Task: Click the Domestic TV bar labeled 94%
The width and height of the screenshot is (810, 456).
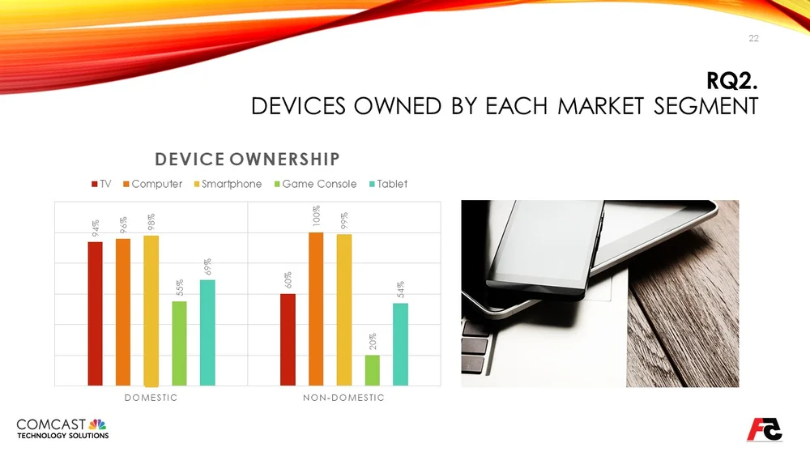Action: coord(96,313)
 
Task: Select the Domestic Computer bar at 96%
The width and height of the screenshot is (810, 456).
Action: coord(123,312)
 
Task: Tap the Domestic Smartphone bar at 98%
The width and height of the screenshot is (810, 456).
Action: coord(151,310)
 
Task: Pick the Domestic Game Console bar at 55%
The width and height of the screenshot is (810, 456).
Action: coord(179,343)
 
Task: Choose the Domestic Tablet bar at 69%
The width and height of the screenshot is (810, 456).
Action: coord(207,332)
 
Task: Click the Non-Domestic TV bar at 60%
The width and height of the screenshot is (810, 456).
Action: coord(288,339)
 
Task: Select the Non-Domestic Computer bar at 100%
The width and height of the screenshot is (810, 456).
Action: coord(316,309)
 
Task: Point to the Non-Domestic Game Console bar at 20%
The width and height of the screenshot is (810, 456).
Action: coord(372,370)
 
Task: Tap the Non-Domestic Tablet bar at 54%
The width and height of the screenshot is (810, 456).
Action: coord(400,344)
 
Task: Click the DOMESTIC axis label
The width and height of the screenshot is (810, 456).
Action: coord(151,398)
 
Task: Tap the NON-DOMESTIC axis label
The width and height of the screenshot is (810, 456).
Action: coord(343,398)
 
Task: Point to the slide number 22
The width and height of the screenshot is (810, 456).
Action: coord(753,38)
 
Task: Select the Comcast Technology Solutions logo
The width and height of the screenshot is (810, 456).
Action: coord(62,428)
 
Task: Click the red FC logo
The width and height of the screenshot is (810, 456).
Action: coord(764,429)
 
